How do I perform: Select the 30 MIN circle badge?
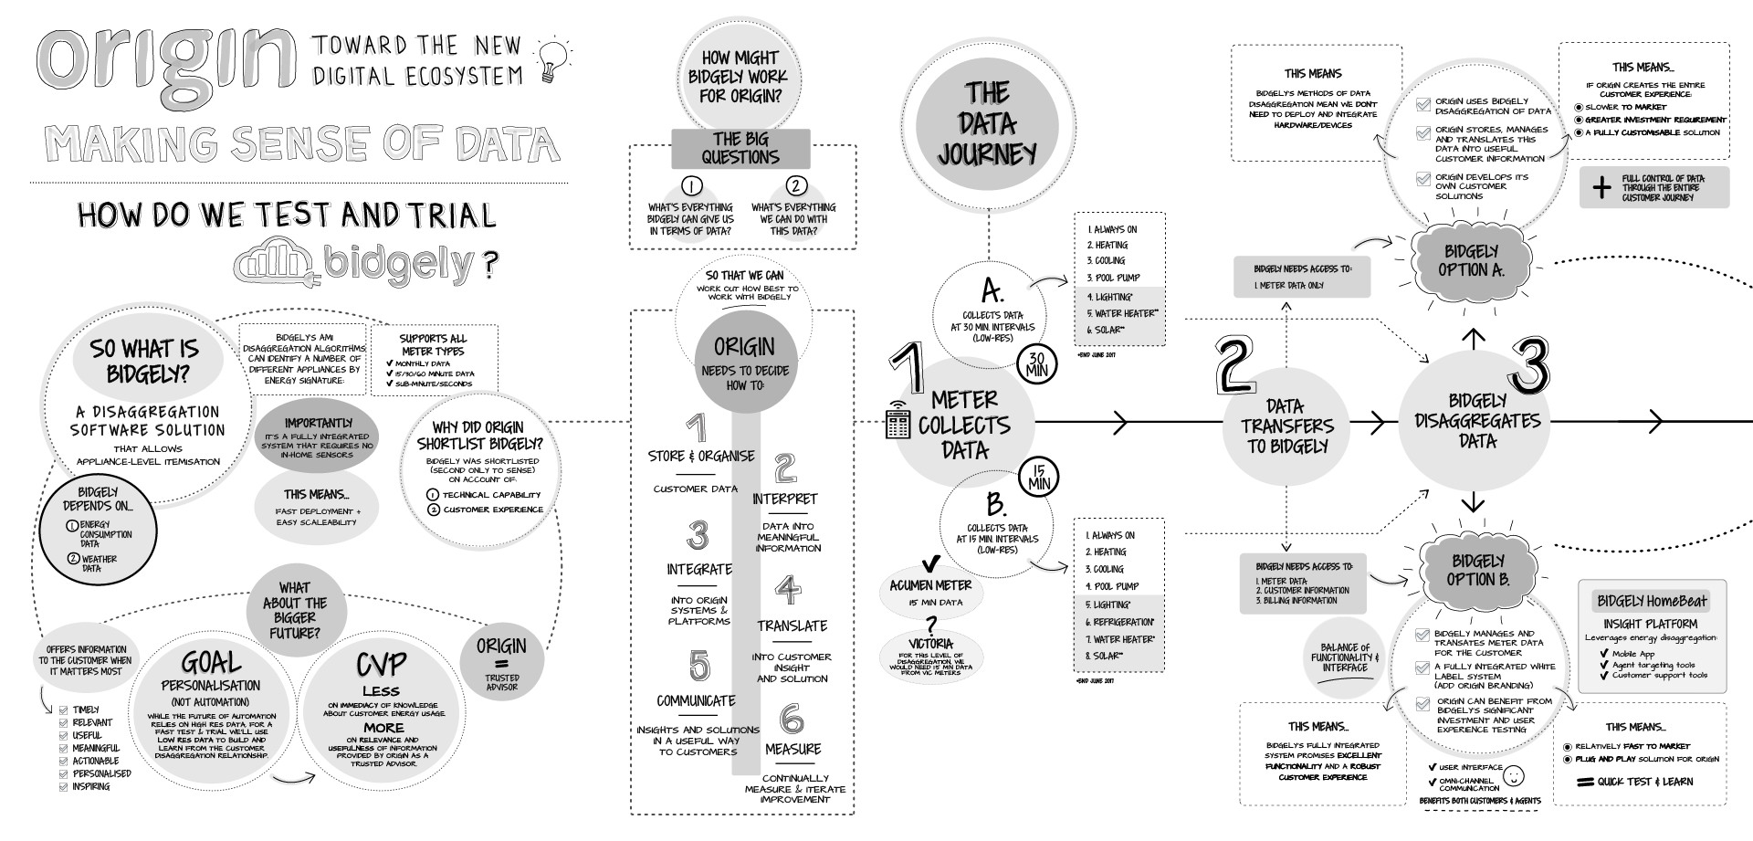pyautogui.click(x=1037, y=364)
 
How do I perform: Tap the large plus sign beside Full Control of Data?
pyautogui.click(x=1601, y=188)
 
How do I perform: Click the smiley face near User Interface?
pyautogui.click(x=1514, y=776)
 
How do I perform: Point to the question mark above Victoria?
pyautogui.click(x=931, y=625)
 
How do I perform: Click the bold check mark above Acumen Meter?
pyautogui.click(x=931, y=562)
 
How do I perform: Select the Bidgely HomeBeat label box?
pyautogui.click(x=1652, y=600)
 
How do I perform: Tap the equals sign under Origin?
pyautogui.click(x=501, y=664)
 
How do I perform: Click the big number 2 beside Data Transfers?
pyautogui.click(x=1234, y=364)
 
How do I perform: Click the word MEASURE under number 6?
pyautogui.click(x=793, y=749)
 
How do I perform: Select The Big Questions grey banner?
pyautogui.click(x=740, y=148)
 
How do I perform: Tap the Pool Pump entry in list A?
pyautogui.click(x=1113, y=277)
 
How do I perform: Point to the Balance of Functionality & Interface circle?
pyautogui.click(x=1345, y=657)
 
